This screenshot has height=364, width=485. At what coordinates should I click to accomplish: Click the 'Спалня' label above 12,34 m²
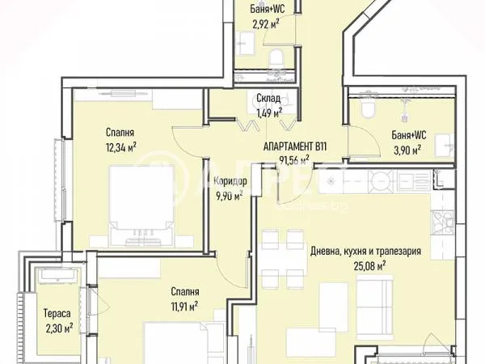119,132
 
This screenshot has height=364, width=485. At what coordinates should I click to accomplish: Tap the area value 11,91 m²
184,306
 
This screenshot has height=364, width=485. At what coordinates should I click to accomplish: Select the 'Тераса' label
56,314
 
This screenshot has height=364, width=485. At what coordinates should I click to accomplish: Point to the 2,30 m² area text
57,328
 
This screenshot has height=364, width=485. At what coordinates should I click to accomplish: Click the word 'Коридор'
230,181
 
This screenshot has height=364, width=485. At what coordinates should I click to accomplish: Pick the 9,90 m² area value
230,195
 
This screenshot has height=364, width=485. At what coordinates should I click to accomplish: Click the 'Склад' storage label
268,99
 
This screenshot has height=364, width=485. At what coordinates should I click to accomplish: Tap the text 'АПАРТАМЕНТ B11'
295,146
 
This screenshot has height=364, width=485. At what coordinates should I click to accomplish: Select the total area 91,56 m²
294,160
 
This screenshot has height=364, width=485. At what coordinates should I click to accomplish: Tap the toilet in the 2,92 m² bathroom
276,55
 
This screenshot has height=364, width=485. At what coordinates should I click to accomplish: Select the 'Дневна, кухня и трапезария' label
365,251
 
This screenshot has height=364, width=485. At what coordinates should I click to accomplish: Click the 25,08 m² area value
365,265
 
